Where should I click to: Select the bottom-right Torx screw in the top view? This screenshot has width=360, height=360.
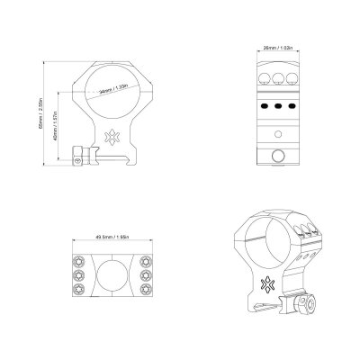[147, 290]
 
